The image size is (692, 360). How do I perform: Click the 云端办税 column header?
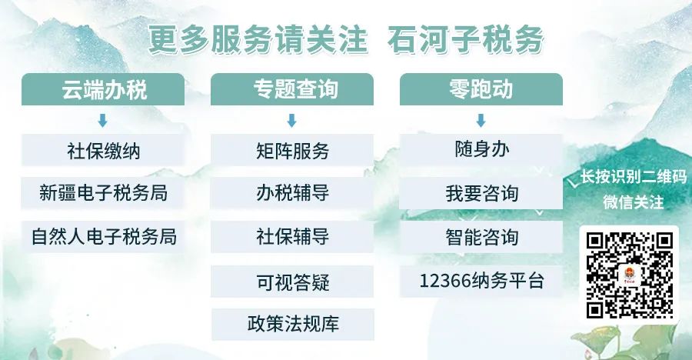[103, 89]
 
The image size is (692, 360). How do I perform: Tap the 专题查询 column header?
[292, 89]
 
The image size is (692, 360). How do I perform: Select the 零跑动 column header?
[481, 89]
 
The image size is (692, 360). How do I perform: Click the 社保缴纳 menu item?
[103, 150]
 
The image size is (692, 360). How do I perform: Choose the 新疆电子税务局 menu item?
[103, 193]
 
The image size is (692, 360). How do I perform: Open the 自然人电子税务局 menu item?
[103, 237]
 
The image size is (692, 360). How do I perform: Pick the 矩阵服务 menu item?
[292, 150]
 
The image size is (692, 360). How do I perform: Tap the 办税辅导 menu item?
[292, 193]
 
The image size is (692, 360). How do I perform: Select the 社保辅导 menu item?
[292, 237]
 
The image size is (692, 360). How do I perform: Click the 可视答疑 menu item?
[292, 282]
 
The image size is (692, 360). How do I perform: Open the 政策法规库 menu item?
[293, 324]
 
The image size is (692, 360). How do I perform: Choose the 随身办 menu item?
[481, 150]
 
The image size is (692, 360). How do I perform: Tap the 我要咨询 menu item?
[481, 193]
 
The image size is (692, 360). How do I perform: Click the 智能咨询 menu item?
[481, 237]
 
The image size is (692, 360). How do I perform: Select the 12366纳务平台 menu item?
[481, 282]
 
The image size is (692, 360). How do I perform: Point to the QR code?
[629, 275]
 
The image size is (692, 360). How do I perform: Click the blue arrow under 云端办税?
[102, 121]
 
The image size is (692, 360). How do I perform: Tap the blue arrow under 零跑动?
[481, 121]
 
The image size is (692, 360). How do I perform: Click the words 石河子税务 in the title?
[465, 40]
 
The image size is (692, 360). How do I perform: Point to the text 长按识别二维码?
[634, 177]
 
